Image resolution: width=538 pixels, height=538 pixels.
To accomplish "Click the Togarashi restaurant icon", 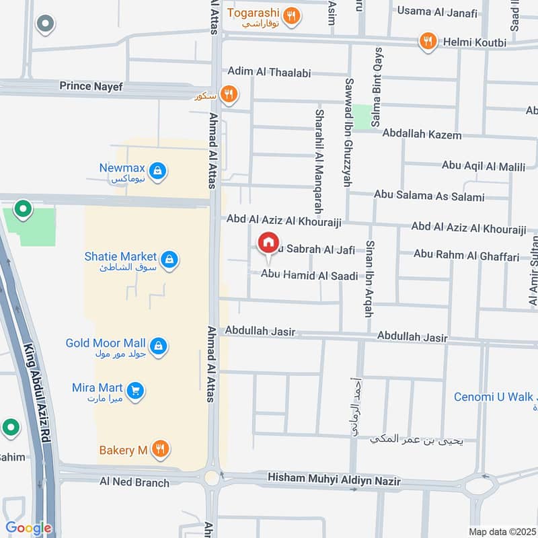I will click(291, 16).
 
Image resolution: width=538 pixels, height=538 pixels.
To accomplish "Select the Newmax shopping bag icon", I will click(157, 171).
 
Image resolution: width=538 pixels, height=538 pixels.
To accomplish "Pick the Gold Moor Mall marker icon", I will click(159, 345).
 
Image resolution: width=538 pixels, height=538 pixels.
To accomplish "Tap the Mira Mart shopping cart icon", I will click(135, 390).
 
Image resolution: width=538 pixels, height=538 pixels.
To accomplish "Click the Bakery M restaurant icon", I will click(159, 449).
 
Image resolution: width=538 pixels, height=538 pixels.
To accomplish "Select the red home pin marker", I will click(268, 242).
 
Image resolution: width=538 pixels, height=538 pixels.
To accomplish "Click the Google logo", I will click(28, 528).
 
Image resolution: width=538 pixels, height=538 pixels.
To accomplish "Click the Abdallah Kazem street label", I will click(422, 135).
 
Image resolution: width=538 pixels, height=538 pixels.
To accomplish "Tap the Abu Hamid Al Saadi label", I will click(309, 274).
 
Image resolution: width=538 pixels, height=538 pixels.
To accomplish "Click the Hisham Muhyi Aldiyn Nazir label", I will click(334, 481).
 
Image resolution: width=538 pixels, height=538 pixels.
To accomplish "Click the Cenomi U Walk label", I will click(493, 397).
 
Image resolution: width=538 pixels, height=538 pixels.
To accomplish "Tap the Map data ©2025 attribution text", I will click(500, 531).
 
